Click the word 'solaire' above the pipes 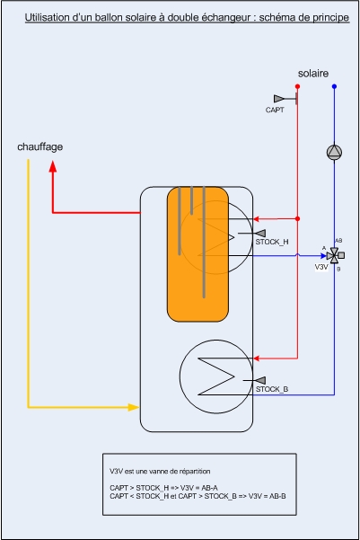click(312, 74)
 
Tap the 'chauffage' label click(40, 147)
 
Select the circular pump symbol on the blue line click(334, 152)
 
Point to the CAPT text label click(275, 110)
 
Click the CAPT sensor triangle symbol click(279, 99)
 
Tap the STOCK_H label click(272, 242)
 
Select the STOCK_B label click(272, 389)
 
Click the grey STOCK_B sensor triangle click(260, 380)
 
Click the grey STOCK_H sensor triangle click(260, 233)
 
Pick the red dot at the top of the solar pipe click(297, 86)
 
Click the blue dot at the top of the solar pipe click(334, 86)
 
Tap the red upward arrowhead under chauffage click(53, 166)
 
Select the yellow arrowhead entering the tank click(134, 407)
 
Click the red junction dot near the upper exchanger click(297, 218)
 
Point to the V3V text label click(321, 267)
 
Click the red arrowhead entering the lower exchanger click(257, 359)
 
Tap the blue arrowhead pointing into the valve click(323, 255)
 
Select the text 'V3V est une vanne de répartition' click(160, 471)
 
